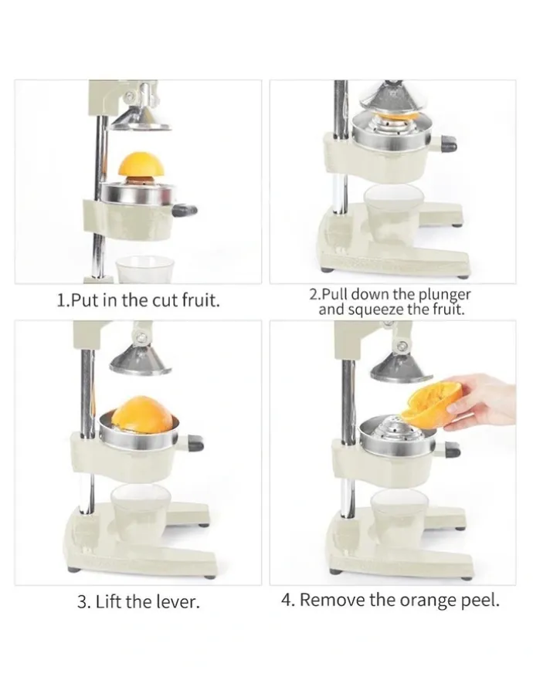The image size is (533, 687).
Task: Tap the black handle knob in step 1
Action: point(185,211)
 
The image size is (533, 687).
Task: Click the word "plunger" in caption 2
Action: point(443,294)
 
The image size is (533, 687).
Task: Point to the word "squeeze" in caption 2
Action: point(375,310)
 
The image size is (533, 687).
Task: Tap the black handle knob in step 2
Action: point(448,144)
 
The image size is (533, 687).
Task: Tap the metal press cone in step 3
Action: point(140,359)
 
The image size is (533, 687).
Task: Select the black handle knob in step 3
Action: point(195,443)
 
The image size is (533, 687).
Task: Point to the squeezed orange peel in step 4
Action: point(433,404)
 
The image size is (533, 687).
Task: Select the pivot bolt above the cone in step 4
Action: point(401,347)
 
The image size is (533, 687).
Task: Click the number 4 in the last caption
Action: point(287,599)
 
